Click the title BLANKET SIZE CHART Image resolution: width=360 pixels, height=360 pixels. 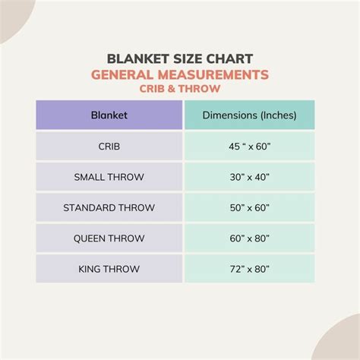[179, 59]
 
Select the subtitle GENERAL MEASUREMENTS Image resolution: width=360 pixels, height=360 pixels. [179, 74]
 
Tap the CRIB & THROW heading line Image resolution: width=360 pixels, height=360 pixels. [179, 88]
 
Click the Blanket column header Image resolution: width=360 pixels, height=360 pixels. [109, 115]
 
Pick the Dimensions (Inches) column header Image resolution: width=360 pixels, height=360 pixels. [249, 115]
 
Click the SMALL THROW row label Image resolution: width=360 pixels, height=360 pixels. [109, 177]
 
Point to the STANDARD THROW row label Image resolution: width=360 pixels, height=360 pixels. [109, 207]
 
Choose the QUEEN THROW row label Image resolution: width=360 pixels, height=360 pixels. [109, 238]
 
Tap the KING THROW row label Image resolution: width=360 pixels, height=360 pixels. [109, 268]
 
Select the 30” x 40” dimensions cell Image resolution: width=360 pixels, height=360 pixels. [249, 177]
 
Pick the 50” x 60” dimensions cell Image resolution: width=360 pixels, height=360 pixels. [249, 207]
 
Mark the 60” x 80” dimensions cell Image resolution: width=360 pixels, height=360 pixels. [249, 238]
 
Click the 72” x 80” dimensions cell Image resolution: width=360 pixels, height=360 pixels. [249, 268]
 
